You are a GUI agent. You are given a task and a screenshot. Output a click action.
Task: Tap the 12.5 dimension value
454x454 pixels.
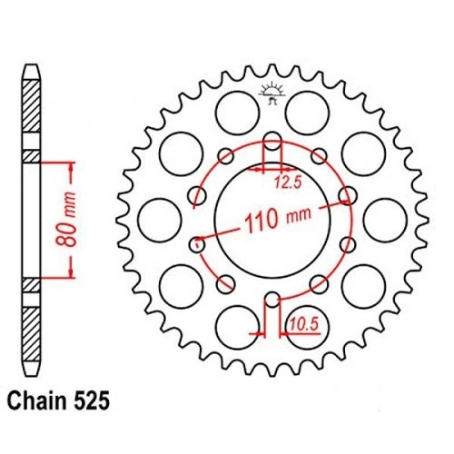[288, 183]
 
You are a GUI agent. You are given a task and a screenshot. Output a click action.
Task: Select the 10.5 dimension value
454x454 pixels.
[304, 324]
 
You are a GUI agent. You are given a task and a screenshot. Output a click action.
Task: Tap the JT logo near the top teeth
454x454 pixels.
[271, 94]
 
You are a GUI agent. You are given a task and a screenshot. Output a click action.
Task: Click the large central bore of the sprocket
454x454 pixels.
[272, 221]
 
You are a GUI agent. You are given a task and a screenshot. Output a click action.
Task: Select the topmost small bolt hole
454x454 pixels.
[272, 141]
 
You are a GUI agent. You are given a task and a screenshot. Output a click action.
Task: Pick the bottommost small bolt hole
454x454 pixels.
[272, 300]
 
